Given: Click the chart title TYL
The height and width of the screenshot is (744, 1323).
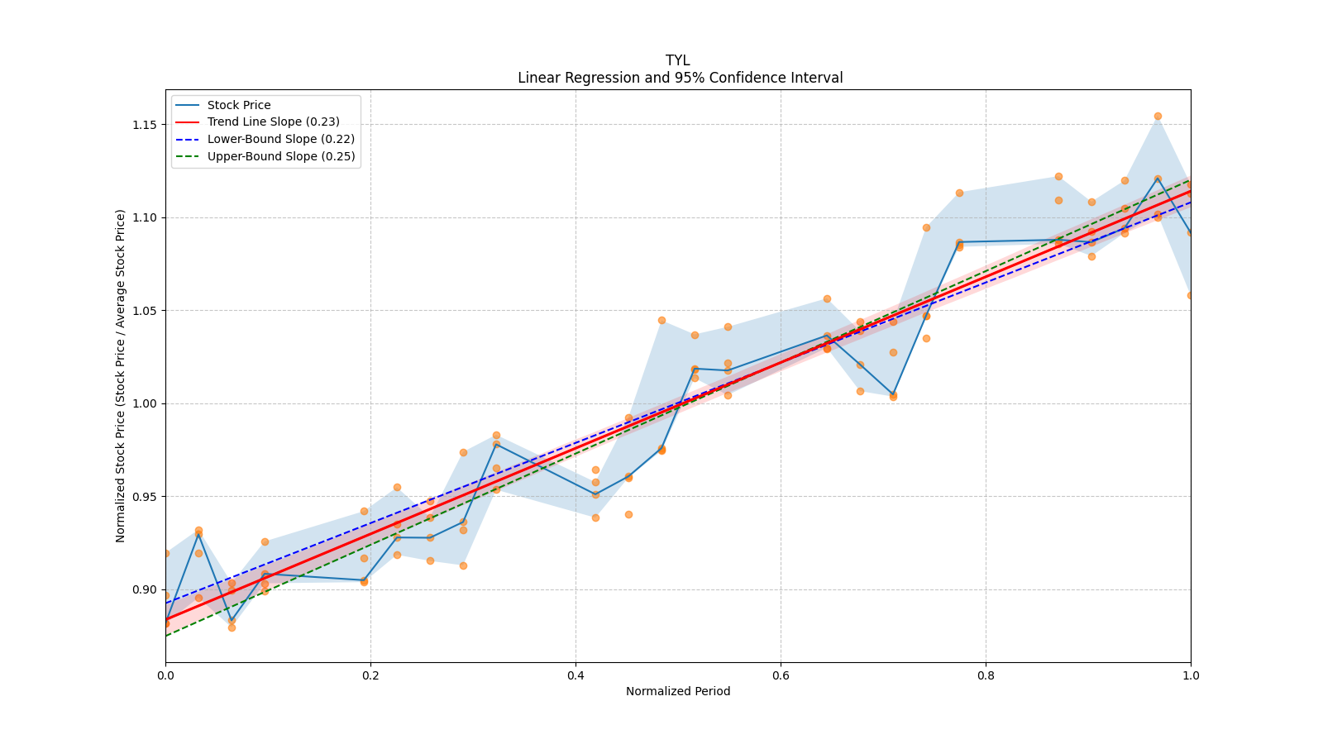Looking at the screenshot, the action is coord(677,60).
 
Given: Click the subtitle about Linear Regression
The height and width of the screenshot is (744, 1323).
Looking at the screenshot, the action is coord(680,78).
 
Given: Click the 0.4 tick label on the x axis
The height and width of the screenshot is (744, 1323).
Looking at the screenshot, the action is coord(576,675).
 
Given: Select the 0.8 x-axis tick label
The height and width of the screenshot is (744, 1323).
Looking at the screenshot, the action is coord(986,675).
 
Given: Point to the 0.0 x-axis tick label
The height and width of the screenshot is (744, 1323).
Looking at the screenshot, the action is coord(166,675).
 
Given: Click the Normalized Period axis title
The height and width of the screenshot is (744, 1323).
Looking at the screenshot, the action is coord(678,691).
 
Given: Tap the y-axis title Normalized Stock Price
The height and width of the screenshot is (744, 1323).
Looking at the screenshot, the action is coord(121,376).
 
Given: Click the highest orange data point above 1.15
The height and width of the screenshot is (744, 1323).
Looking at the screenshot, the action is coord(1158,117).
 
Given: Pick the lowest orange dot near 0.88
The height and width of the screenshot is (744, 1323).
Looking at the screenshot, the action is coord(232,627).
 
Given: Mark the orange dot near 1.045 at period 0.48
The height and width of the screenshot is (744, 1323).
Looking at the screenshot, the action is coord(662,321).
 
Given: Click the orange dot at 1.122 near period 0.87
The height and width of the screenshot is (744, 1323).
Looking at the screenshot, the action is coord(1059,177).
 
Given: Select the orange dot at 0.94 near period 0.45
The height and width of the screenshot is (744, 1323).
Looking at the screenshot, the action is coord(629,515).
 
